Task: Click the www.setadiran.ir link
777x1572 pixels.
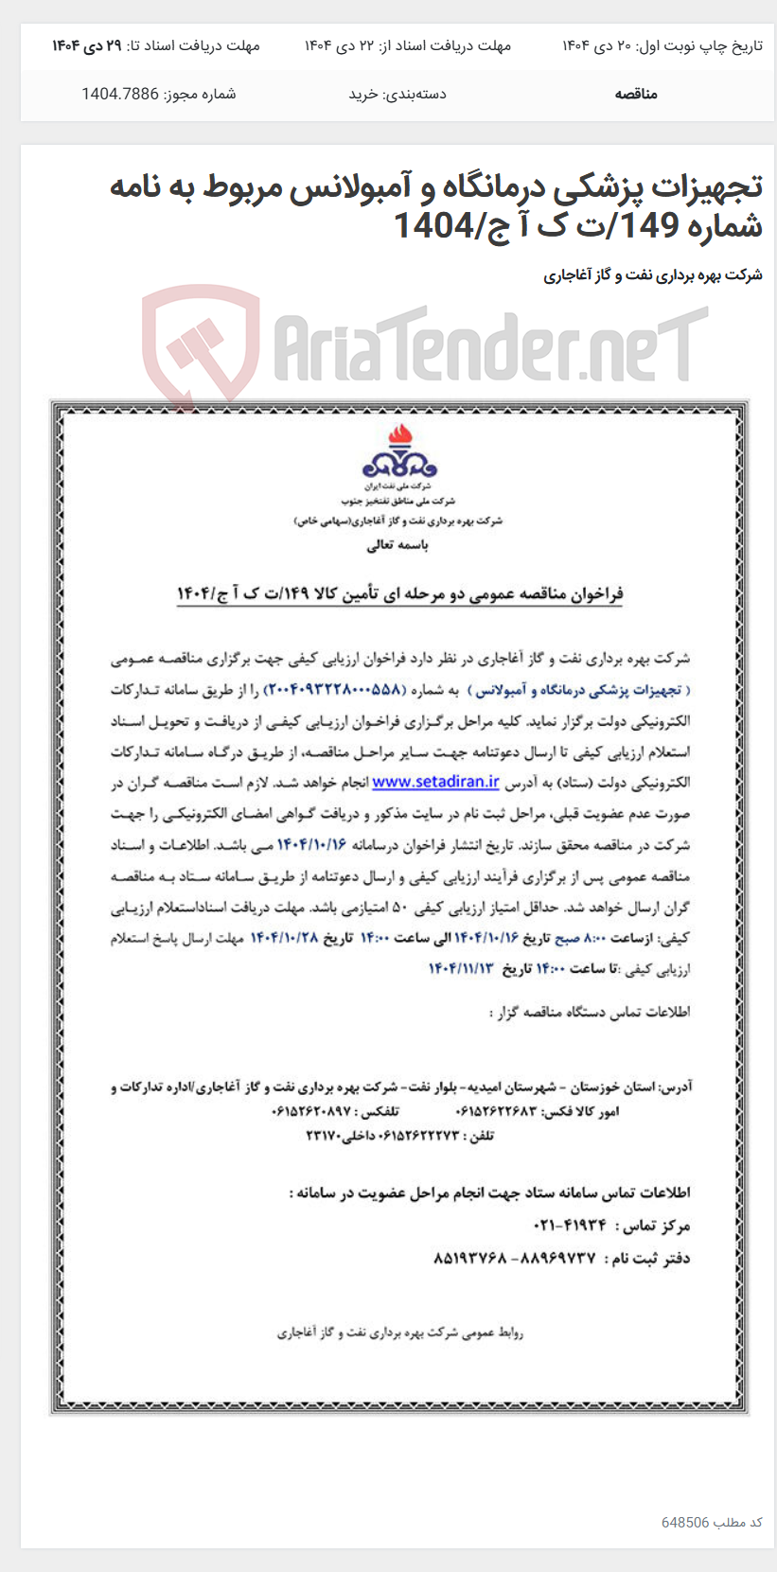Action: point(435,782)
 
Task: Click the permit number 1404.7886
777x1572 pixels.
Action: point(120,94)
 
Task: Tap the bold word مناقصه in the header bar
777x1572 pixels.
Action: point(635,94)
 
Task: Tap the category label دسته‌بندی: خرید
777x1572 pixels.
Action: point(397,94)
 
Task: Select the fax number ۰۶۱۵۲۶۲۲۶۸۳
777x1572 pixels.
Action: point(496,1111)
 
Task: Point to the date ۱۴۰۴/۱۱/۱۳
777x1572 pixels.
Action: point(462,968)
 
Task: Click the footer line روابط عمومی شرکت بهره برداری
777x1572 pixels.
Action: point(399,1333)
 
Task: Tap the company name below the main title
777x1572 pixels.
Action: point(652,275)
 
